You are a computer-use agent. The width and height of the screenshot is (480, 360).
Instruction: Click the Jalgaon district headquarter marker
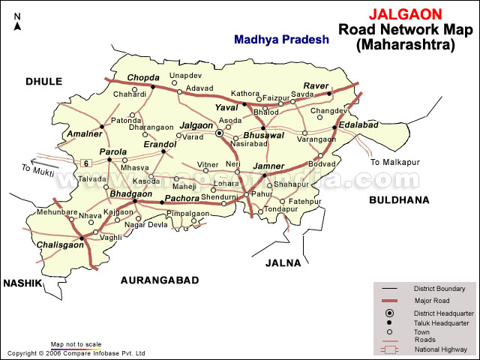pos(220,133)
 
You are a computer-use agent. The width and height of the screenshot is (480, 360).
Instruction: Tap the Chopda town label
pos(143,77)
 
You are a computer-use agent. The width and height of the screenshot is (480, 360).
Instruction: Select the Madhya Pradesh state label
pos(280,40)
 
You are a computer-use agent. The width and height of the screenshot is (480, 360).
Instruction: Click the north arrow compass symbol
pos(17,21)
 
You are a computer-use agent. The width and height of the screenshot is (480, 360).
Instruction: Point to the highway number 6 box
pos(86,163)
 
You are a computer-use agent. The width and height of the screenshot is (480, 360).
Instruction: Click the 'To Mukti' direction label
pos(37,172)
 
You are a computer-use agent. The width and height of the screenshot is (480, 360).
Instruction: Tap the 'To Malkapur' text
pos(396,162)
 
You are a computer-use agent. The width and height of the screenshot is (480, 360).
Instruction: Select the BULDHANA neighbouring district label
pos(398,199)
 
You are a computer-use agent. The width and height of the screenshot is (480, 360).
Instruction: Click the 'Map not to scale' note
pos(76,345)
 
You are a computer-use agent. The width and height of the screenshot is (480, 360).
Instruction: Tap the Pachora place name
pos(181,198)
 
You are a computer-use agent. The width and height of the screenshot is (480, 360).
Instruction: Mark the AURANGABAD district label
pos(160,280)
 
